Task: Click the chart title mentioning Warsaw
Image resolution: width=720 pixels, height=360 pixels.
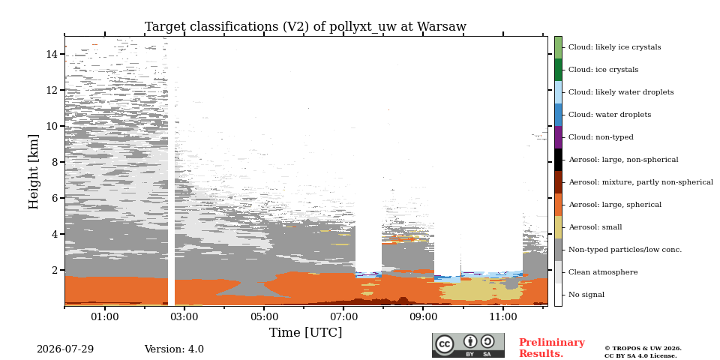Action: point(305,27)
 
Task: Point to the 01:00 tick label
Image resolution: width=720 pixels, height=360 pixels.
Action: point(105,316)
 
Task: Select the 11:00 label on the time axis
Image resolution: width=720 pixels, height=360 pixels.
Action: point(503,316)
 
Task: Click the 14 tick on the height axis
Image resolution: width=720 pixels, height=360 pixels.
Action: point(52,54)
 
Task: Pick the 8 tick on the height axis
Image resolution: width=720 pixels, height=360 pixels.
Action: point(55,162)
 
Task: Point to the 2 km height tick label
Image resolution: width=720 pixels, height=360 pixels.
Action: point(55,270)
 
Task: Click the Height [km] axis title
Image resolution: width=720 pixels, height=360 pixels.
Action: point(34,172)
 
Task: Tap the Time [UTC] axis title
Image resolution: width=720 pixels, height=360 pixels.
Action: point(305,332)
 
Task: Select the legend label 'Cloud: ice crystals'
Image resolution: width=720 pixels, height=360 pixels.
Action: point(603,70)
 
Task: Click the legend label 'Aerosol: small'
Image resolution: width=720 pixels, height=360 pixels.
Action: point(595,227)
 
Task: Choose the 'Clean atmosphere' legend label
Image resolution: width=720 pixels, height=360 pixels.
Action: point(603,272)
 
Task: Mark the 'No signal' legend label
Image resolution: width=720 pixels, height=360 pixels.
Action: point(586,295)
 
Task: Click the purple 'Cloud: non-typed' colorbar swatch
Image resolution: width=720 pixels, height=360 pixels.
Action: point(558,137)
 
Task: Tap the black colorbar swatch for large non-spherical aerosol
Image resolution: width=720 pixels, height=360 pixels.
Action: point(558,160)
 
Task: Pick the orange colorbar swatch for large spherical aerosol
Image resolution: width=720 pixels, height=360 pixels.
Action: point(558,205)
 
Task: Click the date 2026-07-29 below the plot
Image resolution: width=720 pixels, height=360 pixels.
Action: point(65,349)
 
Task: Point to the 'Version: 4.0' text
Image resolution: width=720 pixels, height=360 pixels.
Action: point(174,349)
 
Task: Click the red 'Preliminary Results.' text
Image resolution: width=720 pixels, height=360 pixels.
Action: point(552,348)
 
